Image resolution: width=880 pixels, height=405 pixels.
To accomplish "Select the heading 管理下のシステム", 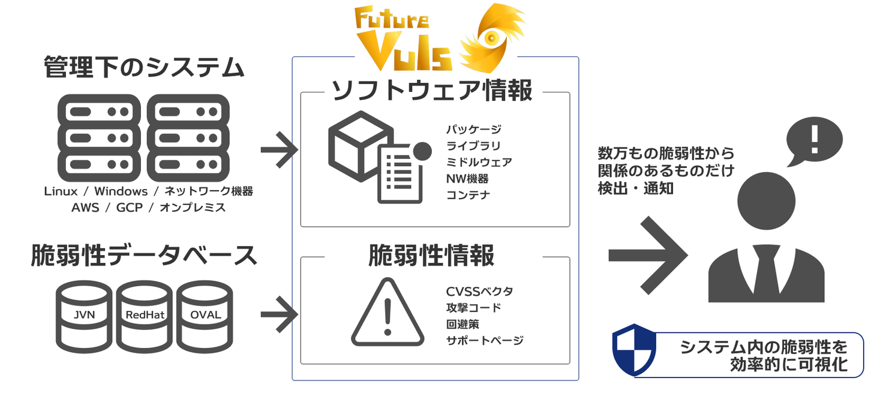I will point(144,67).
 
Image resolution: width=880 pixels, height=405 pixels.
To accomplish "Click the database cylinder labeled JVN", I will point(83,315).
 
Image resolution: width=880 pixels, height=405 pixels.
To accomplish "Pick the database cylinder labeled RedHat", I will point(145,315).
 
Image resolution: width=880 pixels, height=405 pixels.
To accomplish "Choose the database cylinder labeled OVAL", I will point(205,315).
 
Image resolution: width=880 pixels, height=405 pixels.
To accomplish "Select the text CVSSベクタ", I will point(479,292).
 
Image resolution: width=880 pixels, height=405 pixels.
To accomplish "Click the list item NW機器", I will point(467,178).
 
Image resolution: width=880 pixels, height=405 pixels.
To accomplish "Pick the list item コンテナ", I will point(468,195).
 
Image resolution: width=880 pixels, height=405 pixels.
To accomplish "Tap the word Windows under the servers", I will point(121,191).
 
